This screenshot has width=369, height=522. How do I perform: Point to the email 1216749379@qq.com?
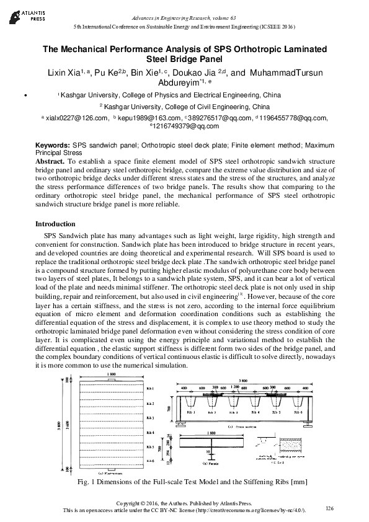(x=186, y=126)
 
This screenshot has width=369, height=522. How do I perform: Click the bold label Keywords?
(x=52, y=144)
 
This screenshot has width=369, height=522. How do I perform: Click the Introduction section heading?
(x=55, y=224)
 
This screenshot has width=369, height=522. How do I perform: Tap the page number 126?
(x=329, y=508)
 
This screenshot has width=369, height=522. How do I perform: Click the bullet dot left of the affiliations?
(x=23, y=96)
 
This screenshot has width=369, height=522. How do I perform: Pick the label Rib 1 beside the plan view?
(x=150, y=389)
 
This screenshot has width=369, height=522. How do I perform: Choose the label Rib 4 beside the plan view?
(x=150, y=432)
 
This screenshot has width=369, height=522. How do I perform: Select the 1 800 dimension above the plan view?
(x=112, y=374)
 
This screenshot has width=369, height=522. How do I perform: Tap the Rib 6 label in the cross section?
(x=332, y=412)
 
